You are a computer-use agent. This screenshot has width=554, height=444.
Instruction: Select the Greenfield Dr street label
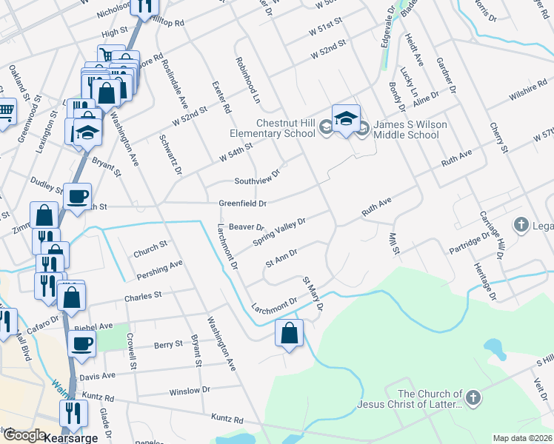click(241, 203)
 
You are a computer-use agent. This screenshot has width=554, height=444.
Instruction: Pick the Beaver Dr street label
click(247, 226)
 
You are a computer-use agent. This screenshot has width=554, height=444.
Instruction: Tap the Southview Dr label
click(257, 177)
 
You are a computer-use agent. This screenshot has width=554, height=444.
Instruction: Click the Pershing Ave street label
click(159, 269)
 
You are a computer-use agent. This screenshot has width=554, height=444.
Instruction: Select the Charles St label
click(143, 296)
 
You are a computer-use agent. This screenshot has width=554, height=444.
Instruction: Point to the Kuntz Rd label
click(227, 419)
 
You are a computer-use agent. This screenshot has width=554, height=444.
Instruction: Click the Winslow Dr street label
click(185, 391)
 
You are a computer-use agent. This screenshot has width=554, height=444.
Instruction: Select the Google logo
click(24, 435)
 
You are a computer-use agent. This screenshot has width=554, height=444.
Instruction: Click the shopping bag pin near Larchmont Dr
click(289, 333)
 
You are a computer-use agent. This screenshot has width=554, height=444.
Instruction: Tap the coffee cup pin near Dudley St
click(77, 198)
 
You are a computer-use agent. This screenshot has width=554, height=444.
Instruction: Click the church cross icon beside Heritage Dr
click(521, 224)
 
